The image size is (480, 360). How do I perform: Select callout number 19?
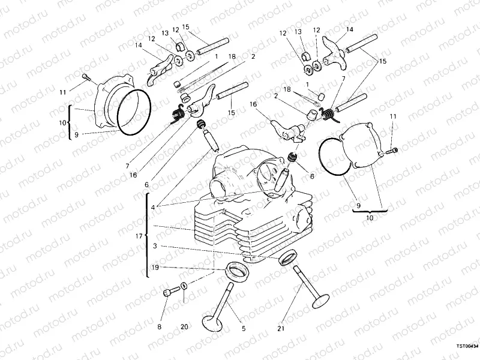[x=155, y=268]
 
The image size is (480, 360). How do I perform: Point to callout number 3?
[x=155, y=246]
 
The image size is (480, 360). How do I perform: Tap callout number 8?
[x=160, y=327]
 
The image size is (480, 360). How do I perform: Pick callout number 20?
[x=184, y=327]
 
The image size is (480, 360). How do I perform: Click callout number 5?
[x=244, y=328]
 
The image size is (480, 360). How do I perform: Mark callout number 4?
[x=154, y=207]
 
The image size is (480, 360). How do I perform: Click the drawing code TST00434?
[x=466, y=346]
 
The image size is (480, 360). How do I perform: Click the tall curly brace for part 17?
[x=147, y=236]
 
